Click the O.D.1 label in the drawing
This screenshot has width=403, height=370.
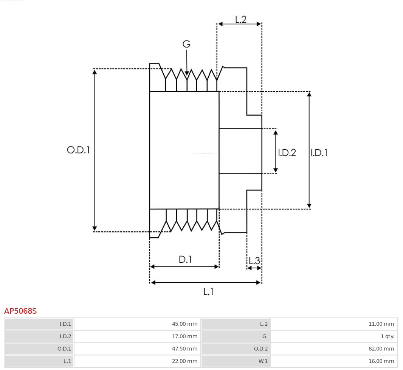pos(78,150)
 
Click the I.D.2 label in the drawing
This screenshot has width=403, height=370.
pos(287,153)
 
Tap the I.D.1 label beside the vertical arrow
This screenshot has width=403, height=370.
pos(319,153)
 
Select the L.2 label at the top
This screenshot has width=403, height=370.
pos(240,20)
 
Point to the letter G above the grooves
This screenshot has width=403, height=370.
pos(186,44)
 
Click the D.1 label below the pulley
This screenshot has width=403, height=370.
pos(185,260)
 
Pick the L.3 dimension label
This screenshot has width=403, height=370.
pos(254,260)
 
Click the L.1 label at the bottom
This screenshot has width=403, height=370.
pos(208,291)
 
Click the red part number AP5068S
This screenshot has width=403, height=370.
pos(20,311)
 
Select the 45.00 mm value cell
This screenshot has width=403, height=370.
pos(184,324)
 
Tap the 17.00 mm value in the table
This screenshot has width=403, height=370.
pos(184,336)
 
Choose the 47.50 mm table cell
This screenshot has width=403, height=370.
pos(184,349)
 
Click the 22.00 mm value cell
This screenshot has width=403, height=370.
pos(184,361)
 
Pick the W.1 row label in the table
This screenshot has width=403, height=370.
pos(263,361)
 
